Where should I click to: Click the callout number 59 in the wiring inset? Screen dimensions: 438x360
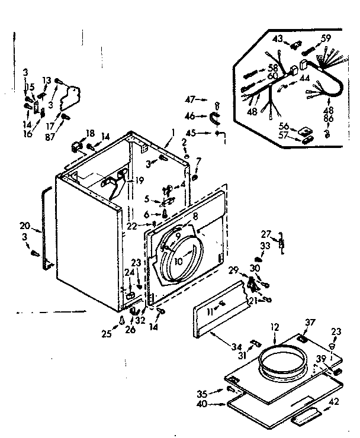326,39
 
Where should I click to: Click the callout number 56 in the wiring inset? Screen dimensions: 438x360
284,126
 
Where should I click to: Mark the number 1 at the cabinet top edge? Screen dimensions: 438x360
173,131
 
